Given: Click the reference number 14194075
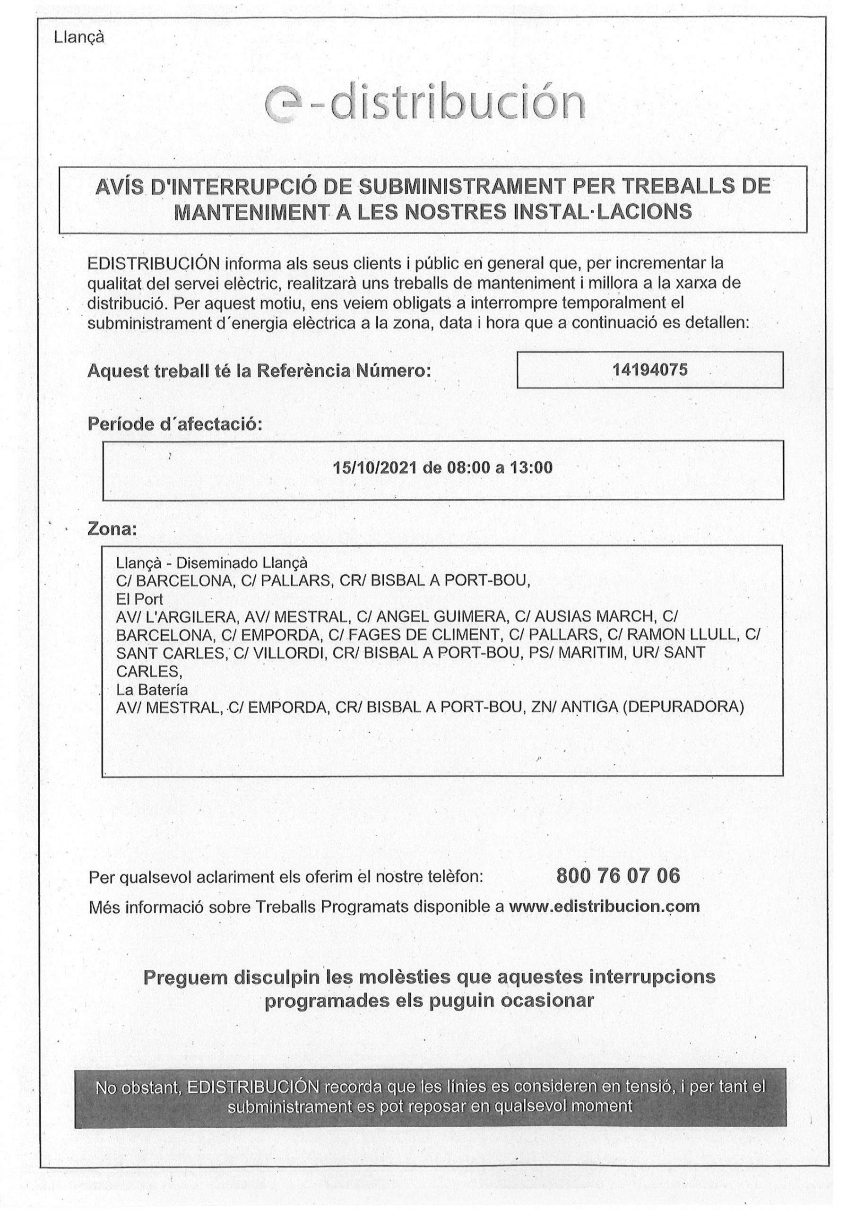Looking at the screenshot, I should coord(649,370).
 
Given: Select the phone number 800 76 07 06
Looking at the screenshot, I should coord(618,876).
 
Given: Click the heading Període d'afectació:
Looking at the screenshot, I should coord(174,423).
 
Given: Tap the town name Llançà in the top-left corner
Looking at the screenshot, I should coord(79,37).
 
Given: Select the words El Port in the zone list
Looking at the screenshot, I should coord(140,599).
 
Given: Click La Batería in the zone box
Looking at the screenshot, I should coord(152,689).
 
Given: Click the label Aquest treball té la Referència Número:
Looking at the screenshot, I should coord(259,371).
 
